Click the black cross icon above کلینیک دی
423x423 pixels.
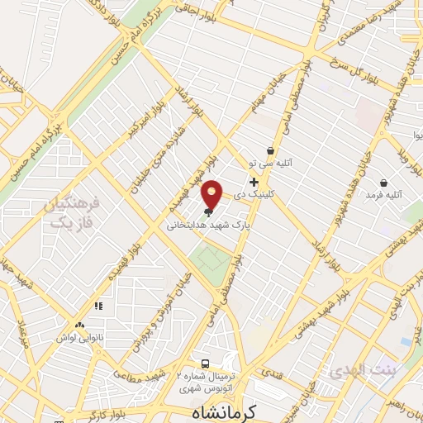tap(254, 182)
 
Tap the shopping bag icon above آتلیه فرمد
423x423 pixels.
tap(383, 183)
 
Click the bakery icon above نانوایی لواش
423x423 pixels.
tap(79, 326)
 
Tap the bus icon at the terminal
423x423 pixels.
tap(205, 364)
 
